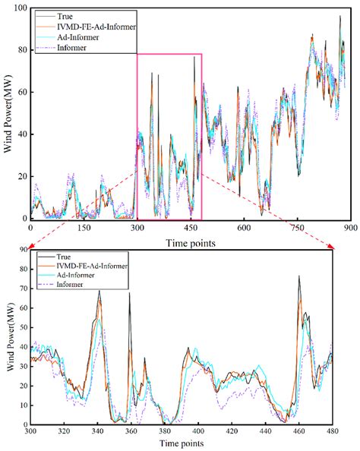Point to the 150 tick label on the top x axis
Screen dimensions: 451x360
pyautogui.click(x=84, y=227)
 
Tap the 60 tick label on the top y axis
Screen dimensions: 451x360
pyautogui.click(x=21, y=92)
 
